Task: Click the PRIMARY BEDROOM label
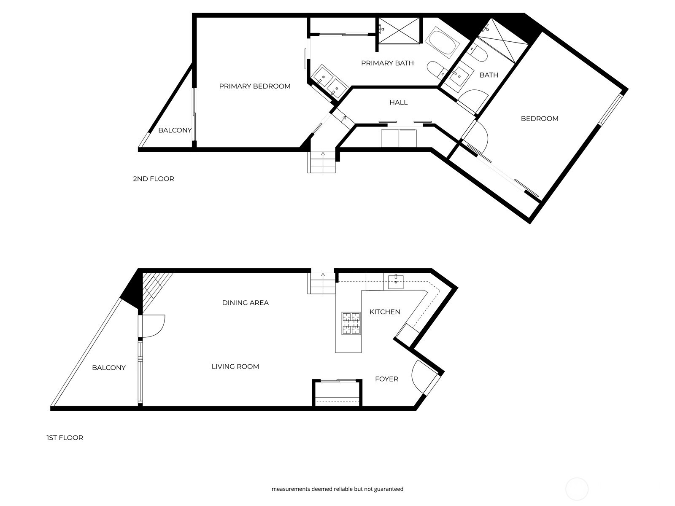tap(255, 86)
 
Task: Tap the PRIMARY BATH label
tap(387, 63)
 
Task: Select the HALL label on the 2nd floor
tap(398, 102)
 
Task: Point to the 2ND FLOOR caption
tap(154, 179)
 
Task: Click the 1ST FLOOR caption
tap(65, 438)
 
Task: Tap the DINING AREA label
tap(245, 303)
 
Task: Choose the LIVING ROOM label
tap(235, 367)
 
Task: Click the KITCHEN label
tap(385, 312)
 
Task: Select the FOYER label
tap(386, 379)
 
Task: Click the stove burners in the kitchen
tap(351, 323)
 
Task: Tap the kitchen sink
tap(396, 281)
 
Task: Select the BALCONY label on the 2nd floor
tap(175, 130)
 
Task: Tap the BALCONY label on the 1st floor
tap(109, 368)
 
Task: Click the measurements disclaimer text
tap(337, 489)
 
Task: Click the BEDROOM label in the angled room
tap(540, 119)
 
